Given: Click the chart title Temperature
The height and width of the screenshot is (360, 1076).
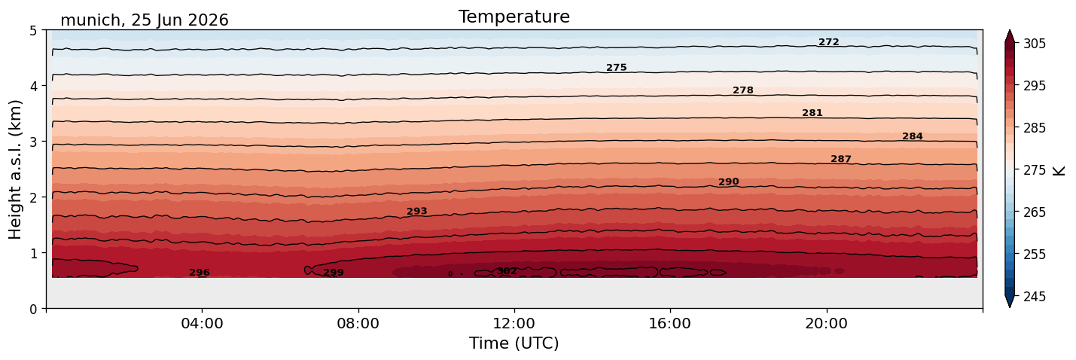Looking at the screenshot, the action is click(514, 17).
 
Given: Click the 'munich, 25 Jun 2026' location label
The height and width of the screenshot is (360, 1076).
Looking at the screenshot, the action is click(144, 20).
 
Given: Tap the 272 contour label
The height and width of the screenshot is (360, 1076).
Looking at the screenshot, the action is click(828, 42).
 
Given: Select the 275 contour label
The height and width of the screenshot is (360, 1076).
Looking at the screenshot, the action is click(616, 68).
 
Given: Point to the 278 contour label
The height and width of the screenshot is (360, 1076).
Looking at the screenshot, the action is click(742, 90).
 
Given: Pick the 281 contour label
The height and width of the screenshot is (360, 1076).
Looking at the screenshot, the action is click(812, 113).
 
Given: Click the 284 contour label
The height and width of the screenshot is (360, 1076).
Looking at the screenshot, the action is click(912, 136).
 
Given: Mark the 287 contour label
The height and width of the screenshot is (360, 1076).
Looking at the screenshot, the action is click(840, 159).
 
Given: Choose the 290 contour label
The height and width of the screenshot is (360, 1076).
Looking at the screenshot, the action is click(728, 182).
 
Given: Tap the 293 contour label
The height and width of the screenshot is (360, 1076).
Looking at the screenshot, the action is click(416, 212).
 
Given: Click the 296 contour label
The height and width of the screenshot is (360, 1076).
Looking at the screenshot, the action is click(200, 273).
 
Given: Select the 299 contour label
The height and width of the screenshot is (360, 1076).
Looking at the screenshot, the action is click(334, 273).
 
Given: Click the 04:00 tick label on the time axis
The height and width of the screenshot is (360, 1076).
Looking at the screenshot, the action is click(202, 323).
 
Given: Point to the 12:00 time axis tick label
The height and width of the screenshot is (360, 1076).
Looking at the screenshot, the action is click(514, 323).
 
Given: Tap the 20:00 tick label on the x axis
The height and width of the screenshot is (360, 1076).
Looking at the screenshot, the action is click(826, 323).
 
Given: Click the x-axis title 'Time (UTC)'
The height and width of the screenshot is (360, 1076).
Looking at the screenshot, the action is click(514, 343).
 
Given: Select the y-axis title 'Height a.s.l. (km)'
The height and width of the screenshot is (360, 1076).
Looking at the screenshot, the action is click(15, 169).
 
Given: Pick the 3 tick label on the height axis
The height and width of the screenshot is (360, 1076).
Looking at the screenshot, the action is click(33, 142).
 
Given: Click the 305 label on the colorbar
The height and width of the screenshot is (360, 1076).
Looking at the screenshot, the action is click(1034, 44).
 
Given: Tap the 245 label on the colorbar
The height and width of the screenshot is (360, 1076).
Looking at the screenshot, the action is click(1034, 297).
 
